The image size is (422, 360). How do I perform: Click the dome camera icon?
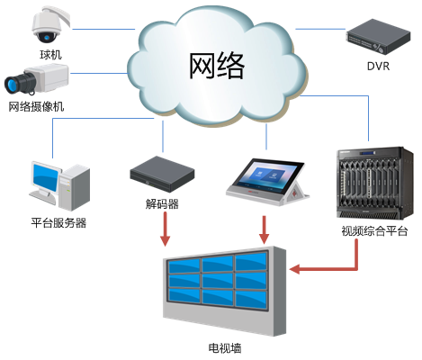point(44,27)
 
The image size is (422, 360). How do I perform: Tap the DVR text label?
point(378,66)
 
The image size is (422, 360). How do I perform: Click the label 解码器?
point(162,204)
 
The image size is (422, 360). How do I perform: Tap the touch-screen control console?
point(267,180)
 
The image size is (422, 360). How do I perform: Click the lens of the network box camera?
point(13,85)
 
